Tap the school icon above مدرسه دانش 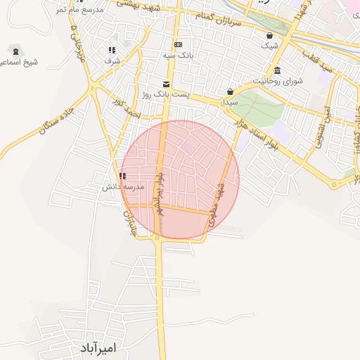(123, 176)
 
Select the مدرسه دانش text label (124, 187)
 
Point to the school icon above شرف (112, 50)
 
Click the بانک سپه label (182, 54)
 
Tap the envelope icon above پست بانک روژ (166, 83)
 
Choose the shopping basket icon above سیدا (230, 91)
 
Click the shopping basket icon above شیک (269, 35)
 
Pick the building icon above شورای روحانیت (278, 70)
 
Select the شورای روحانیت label (283, 81)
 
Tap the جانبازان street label (129, 221)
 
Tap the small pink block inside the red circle (189, 147)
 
